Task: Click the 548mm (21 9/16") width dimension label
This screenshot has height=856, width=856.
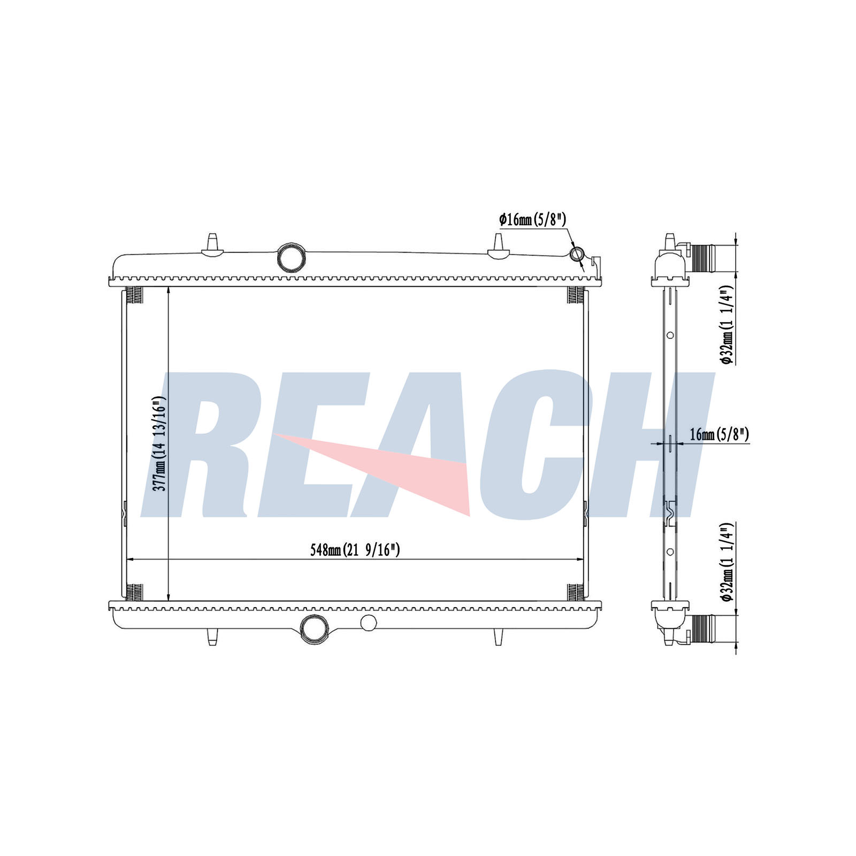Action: coord(355,550)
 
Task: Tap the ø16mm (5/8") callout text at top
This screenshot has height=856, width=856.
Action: coord(532,219)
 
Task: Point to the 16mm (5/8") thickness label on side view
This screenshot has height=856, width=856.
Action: coord(719,434)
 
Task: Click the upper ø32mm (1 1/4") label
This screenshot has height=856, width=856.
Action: coord(726,324)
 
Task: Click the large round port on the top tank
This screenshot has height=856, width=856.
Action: coord(292,257)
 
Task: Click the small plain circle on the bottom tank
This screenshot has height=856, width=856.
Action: coord(369,622)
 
